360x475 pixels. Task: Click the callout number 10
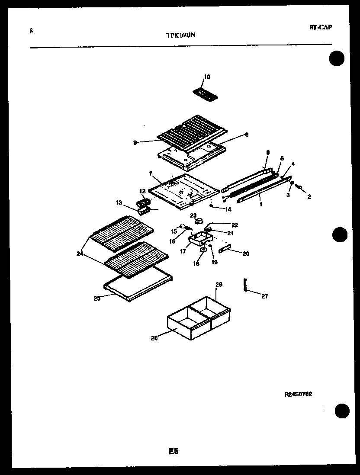point(207,77)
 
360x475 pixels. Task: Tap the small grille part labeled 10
point(206,94)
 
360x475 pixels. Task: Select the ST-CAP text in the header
point(321,27)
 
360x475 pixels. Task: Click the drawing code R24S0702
point(298,394)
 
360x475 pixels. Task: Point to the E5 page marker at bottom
point(173,451)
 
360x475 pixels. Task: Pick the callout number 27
point(264,296)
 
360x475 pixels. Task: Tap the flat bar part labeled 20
point(225,250)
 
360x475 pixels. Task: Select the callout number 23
point(193,215)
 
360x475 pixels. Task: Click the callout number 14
point(228,209)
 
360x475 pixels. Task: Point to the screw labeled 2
point(299,189)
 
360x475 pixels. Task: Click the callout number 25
point(97,298)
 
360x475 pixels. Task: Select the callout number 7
point(150,174)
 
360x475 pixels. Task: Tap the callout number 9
point(135,142)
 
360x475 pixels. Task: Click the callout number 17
point(183,250)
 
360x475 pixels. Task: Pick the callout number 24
point(80,254)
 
